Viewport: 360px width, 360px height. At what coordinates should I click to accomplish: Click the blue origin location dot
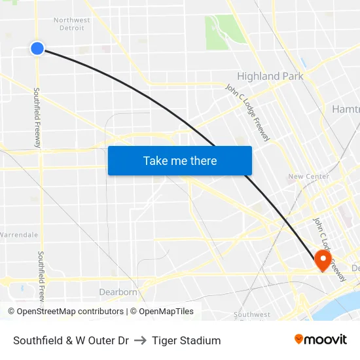[x=37, y=48]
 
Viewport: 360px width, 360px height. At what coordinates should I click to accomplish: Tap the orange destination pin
[x=323, y=259]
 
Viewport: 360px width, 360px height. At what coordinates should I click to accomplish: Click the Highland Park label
[x=270, y=77]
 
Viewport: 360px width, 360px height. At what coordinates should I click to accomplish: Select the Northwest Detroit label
[x=72, y=24]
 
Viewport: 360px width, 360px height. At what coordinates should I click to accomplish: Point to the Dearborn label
[x=118, y=292]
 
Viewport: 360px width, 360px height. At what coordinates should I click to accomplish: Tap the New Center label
[x=304, y=177]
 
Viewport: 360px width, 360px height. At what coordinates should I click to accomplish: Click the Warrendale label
[x=19, y=234]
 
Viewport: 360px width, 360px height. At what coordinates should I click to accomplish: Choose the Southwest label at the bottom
[x=252, y=315]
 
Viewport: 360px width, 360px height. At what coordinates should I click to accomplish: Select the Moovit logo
[x=321, y=340]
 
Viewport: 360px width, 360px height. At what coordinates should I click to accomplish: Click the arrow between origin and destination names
[x=140, y=340]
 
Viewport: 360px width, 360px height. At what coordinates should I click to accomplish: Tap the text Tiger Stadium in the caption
[x=186, y=340]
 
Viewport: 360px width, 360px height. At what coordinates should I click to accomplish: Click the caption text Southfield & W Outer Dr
[x=71, y=340]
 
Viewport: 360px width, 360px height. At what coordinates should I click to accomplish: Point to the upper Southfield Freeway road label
[x=37, y=118]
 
